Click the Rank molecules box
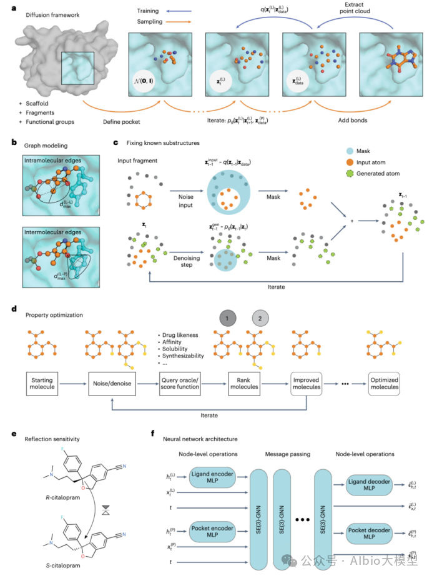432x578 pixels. tap(244, 383)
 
